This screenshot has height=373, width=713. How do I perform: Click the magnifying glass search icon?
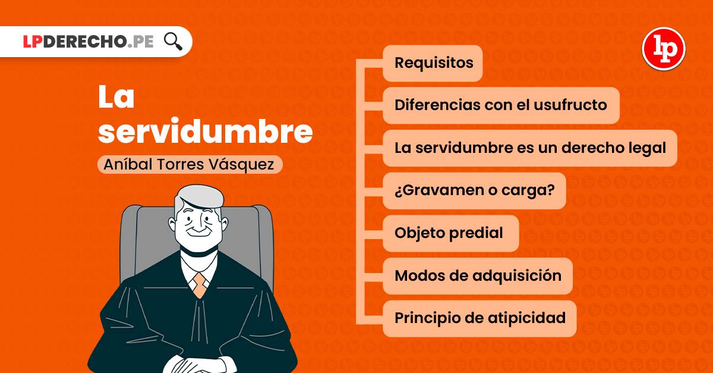point(173,42)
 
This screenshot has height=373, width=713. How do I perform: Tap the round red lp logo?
point(664,49)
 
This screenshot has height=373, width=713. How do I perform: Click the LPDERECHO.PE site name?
point(89,42)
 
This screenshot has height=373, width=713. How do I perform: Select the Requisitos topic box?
point(433,63)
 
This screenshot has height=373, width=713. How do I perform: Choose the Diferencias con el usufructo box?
point(501,105)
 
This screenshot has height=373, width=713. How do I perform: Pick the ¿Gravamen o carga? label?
point(475,190)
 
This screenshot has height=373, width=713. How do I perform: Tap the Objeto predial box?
point(451,233)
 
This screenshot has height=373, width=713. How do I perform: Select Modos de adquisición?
point(478,276)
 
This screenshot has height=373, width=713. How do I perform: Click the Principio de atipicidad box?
point(479,318)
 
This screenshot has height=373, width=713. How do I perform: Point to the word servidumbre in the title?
point(206,131)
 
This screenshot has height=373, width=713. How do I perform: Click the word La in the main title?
point(116,96)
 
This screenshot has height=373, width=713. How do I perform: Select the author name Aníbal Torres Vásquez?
point(189,165)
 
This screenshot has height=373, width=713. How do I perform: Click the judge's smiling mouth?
point(199,233)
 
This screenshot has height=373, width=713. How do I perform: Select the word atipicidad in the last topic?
point(526,318)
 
